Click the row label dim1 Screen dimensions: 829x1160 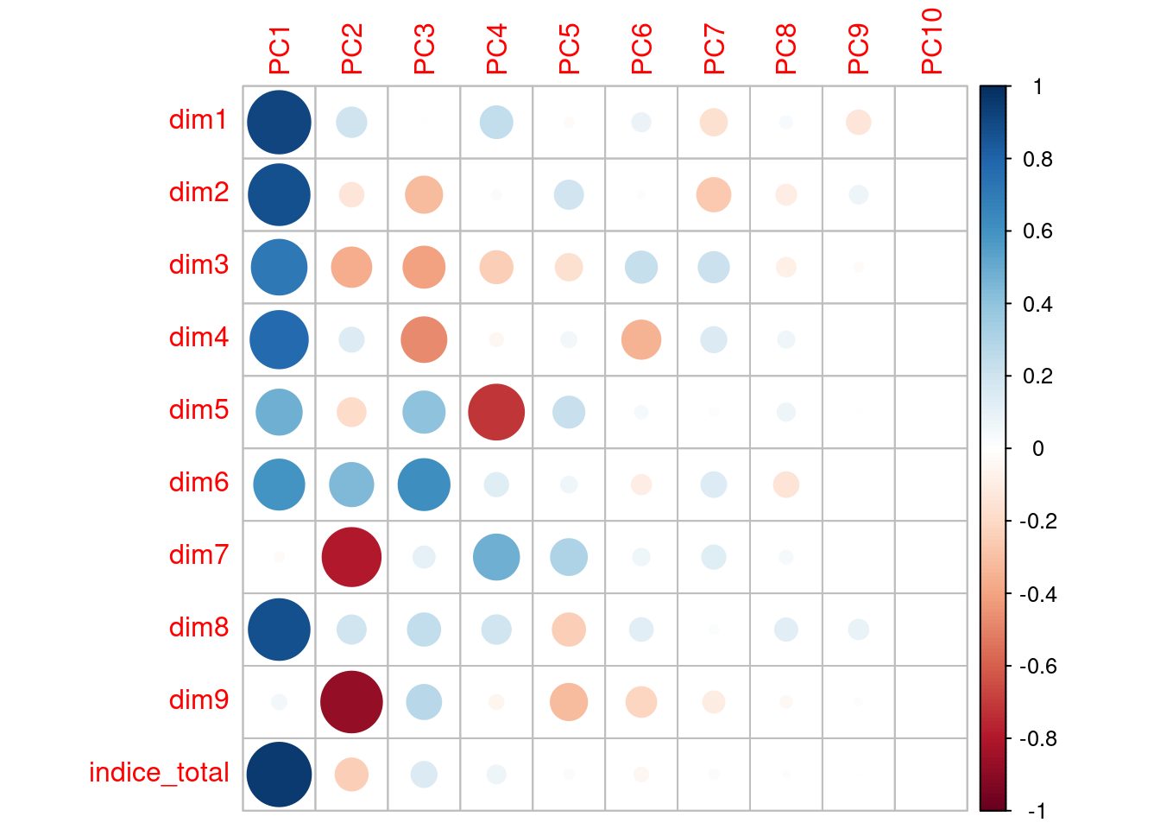tap(199, 119)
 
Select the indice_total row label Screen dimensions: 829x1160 tap(159, 772)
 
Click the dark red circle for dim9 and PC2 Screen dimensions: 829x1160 tap(351, 702)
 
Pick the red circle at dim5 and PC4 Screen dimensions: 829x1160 tap(496, 412)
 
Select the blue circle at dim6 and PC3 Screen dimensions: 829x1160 tap(424, 484)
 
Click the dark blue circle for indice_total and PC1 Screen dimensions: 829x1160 tap(279, 775)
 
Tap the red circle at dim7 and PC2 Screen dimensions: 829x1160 tap(351, 557)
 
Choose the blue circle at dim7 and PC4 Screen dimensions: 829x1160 tap(496, 557)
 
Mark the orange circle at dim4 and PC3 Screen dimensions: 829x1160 tap(424, 339)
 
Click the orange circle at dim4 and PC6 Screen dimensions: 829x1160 tap(641, 339)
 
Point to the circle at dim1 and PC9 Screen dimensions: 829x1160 tap(858, 122)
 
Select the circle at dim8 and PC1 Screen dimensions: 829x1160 tap(279, 630)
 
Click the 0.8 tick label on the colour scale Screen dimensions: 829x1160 tap(1037, 159)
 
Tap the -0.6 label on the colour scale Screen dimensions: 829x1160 tap(1036, 666)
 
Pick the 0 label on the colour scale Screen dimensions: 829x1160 tap(1037, 448)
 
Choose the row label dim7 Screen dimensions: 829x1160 tap(199, 554)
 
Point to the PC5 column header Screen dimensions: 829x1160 tap(569, 50)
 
